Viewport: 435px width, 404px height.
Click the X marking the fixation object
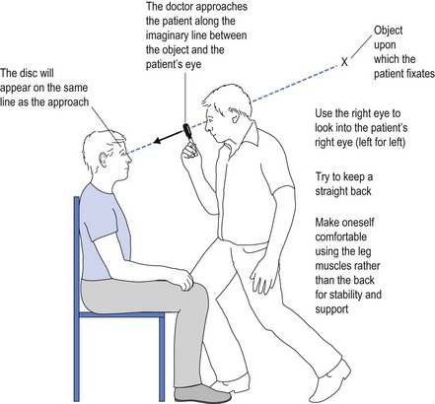344,62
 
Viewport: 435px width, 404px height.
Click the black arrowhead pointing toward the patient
158,140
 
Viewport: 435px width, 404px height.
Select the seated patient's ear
103,160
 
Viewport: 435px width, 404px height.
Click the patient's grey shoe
197,394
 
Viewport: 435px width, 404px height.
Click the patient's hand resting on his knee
184,280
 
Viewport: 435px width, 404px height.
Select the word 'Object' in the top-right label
389,31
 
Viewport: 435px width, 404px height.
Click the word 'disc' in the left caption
33,73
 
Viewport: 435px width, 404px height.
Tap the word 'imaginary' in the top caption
168,35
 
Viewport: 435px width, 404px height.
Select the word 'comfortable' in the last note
341,236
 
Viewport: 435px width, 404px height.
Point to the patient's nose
129,159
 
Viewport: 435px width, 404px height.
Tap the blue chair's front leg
162,359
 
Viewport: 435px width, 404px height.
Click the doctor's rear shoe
329,382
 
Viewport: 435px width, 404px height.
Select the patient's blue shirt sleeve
101,224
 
